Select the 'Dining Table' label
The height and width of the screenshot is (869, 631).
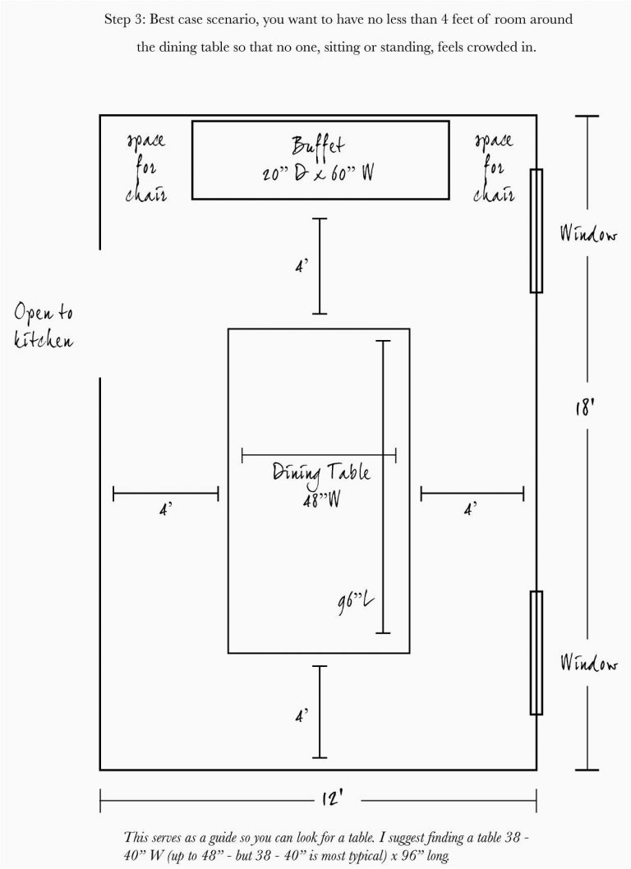click(x=321, y=473)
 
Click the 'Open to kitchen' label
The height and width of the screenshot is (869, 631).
click(x=44, y=326)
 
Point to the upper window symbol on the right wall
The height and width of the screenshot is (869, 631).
click(x=536, y=231)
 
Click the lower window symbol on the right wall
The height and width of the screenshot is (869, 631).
click(x=536, y=652)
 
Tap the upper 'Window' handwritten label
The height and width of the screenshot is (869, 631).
click(x=588, y=236)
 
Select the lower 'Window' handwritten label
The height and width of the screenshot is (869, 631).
click(x=588, y=662)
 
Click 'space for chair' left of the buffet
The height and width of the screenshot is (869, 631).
click(x=146, y=168)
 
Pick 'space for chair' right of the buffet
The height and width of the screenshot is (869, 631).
click(x=494, y=168)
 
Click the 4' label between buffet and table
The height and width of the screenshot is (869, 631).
click(x=302, y=267)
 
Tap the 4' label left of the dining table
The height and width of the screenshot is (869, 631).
click(x=164, y=509)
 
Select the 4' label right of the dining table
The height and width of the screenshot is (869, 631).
click(x=471, y=509)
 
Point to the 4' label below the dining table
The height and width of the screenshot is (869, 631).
click(x=302, y=716)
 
